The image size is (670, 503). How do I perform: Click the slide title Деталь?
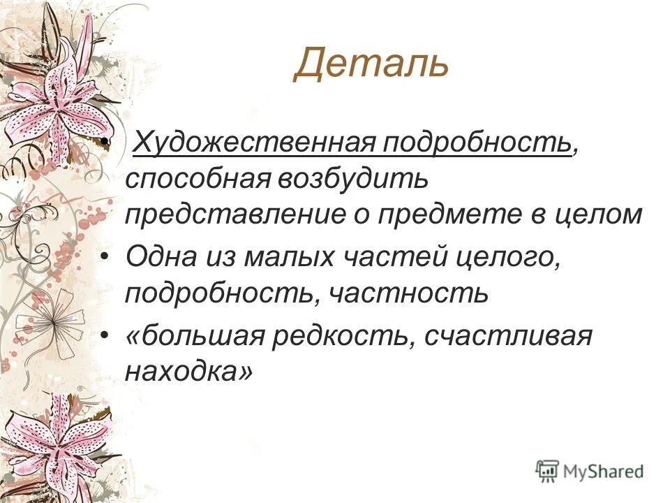tap(370, 64)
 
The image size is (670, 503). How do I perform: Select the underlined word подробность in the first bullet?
tap(476, 144)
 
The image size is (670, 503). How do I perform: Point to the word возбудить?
tap(354, 179)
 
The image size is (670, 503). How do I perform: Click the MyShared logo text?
tap(603, 471)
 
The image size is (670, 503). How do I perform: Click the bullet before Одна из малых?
tap(105, 257)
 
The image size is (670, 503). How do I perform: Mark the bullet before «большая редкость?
tap(105, 337)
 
